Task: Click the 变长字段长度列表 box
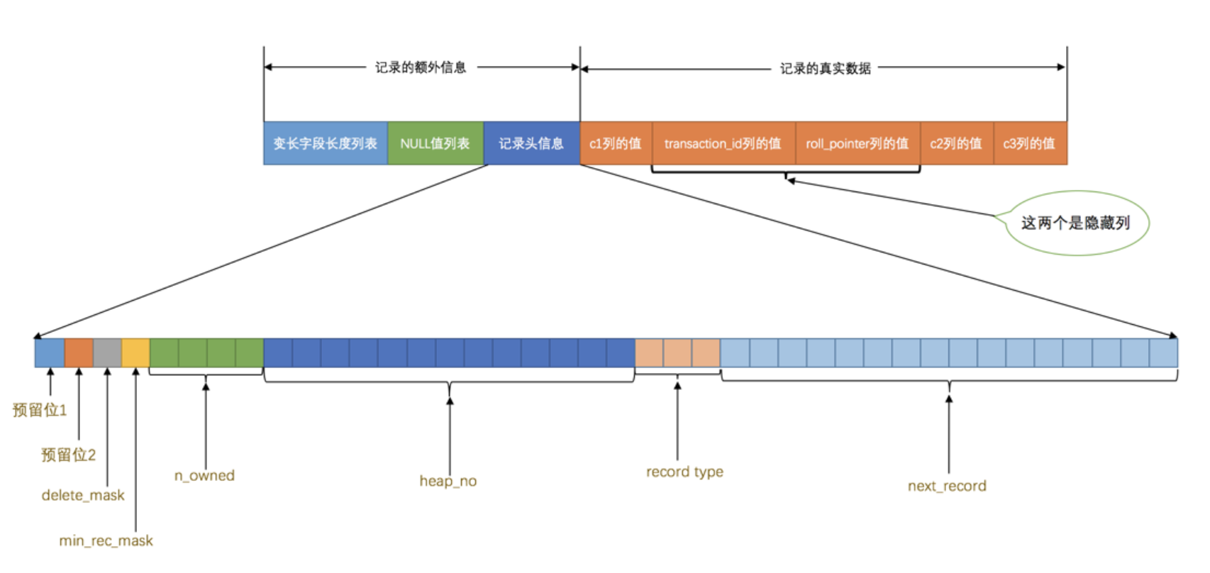pyautogui.click(x=326, y=143)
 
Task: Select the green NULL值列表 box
pyautogui.click(x=435, y=143)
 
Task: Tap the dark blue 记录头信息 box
pyautogui.click(x=531, y=143)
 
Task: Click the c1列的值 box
pyautogui.click(x=616, y=143)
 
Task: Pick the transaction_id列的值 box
pyautogui.click(x=723, y=143)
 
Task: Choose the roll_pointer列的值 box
pyautogui.click(x=857, y=143)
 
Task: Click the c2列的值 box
pyautogui.click(x=956, y=143)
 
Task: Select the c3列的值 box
pyautogui.click(x=1029, y=143)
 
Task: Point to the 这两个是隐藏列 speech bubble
pyautogui.click(x=1076, y=223)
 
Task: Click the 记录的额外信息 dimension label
pyautogui.click(x=421, y=67)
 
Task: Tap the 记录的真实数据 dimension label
pyautogui.click(x=826, y=68)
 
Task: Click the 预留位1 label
pyautogui.click(x=40, y=410)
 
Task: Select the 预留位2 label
pyautogui.click(x=68, y=455)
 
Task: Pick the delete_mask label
pyautogui.click(x=83, y=495)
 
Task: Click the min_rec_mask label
pyautogui.click(x=106, y=540)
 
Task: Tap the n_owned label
pyautogui.click(x=204, y=475)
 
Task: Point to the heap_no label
pyautogui.click(x=448, y=481)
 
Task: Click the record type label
pyautogui.click(x=684, y=472)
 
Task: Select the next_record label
pyautogui.click(x=947, y=486)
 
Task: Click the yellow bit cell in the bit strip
pyautogui.click(x=135, y=352)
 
